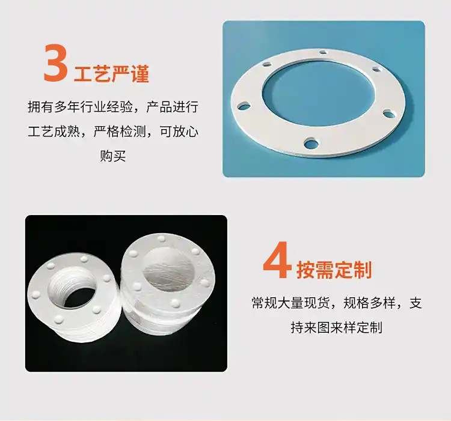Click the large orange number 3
point(56,62)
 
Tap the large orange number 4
point(277,260)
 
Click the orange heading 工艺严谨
point(112,73)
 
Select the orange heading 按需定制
point(334,270)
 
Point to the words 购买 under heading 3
point(113,156)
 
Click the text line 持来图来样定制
point(336,327)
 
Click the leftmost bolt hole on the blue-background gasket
point(244,106)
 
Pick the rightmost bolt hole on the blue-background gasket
point(389,114)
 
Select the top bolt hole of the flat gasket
point(324,52)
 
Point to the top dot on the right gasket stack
point(161,238)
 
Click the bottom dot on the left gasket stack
point(59,318)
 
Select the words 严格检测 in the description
point(120,132)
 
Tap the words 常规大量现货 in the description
point(290,303)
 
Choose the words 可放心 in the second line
point(179,132)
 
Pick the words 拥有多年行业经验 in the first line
point(80,107)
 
